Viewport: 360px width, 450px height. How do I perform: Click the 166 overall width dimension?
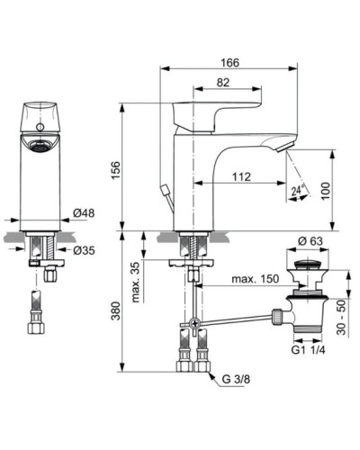tap(229, 60)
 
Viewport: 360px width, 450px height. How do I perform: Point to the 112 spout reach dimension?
tap(240, 176)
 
